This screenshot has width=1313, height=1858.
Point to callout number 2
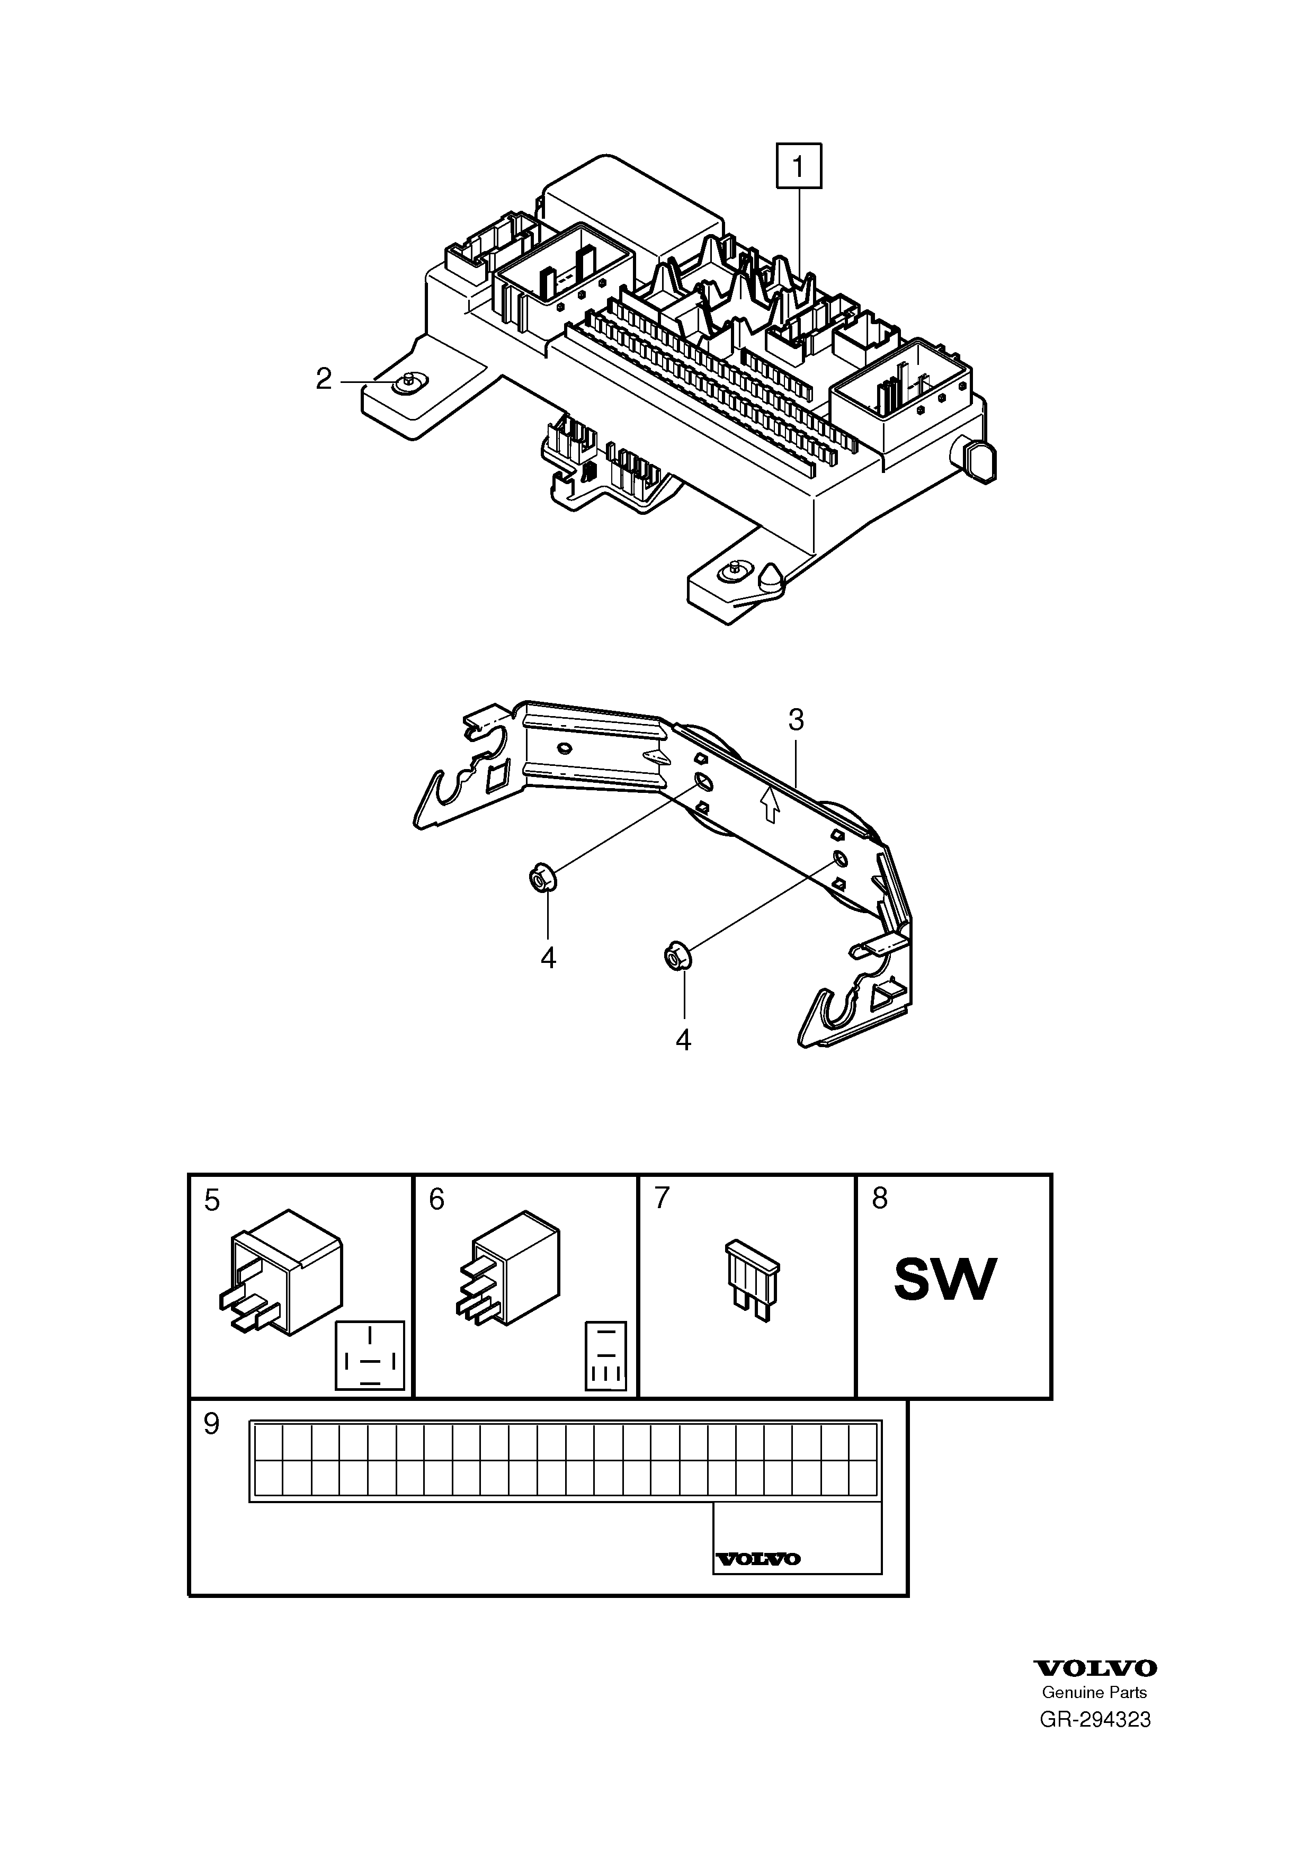(324, 379)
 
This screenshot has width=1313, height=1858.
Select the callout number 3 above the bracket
(796, 719)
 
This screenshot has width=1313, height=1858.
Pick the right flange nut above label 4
(675, 955)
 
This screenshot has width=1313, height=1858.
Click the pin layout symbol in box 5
(370, 1355)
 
